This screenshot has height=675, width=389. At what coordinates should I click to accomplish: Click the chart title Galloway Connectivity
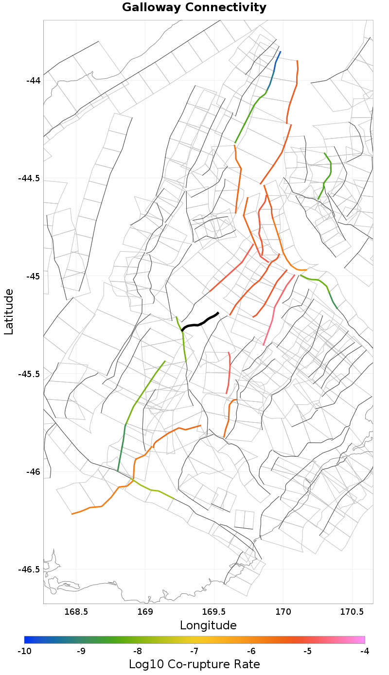click(x=194, y=8)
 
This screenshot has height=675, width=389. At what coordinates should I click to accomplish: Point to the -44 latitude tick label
click(x=34, y=80)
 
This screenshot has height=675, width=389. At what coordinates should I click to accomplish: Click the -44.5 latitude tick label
click(x=30, y=178)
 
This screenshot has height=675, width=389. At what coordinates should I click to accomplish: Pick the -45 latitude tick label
click(x=34, y=276)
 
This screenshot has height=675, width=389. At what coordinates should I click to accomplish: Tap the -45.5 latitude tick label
click(x=30, y=374)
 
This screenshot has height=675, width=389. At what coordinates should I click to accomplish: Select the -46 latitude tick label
click(x=34, y=472)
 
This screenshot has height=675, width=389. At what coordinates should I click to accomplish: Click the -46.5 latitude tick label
click(x=30, y=570)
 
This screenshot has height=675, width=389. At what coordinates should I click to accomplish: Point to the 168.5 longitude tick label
click(x=76, y=611)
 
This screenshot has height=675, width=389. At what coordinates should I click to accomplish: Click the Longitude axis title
click(x=208, y=625)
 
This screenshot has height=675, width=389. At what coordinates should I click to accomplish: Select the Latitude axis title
click(x=9, y=311)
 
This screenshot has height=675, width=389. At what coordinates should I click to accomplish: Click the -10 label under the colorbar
click(x=24, y=651)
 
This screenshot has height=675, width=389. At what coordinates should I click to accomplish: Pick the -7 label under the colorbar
click(x=194, y=651)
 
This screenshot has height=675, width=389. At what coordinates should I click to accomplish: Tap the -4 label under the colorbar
click(x=364, y=651)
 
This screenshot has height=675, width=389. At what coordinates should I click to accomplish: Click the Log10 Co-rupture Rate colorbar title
click(x=194, y=664)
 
